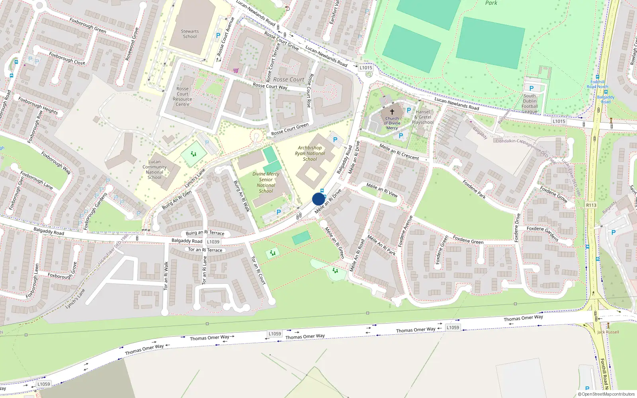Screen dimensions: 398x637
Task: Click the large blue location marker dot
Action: coord(318,199)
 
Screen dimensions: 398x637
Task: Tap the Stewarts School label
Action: coord(190,34)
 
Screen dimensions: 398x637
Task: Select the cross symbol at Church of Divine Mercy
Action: coord(392,112)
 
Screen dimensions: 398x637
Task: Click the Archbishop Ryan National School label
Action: coord(310,153)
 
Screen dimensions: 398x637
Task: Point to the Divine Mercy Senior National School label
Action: coord(266,182)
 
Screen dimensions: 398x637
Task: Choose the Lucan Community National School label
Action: coord(154,170)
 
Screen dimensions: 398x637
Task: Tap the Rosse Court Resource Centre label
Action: coord(182,97)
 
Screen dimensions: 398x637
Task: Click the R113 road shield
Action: coord(591,205)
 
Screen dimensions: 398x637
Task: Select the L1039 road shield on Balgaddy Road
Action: coord(213,242)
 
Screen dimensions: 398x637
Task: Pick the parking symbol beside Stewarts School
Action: coord(218,35)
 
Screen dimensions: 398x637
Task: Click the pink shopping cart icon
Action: coord(236,70)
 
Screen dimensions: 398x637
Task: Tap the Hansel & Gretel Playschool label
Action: coord(423,117)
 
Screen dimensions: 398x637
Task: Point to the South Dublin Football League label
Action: coord(530,103)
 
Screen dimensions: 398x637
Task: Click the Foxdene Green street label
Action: coord(468,240)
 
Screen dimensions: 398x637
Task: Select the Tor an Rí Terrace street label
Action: coord(205,250)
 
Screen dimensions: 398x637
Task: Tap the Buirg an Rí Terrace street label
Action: coord(205,233)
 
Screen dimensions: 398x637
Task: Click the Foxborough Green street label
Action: coord(88,25)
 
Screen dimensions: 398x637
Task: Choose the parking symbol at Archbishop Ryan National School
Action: coord(335,140)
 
